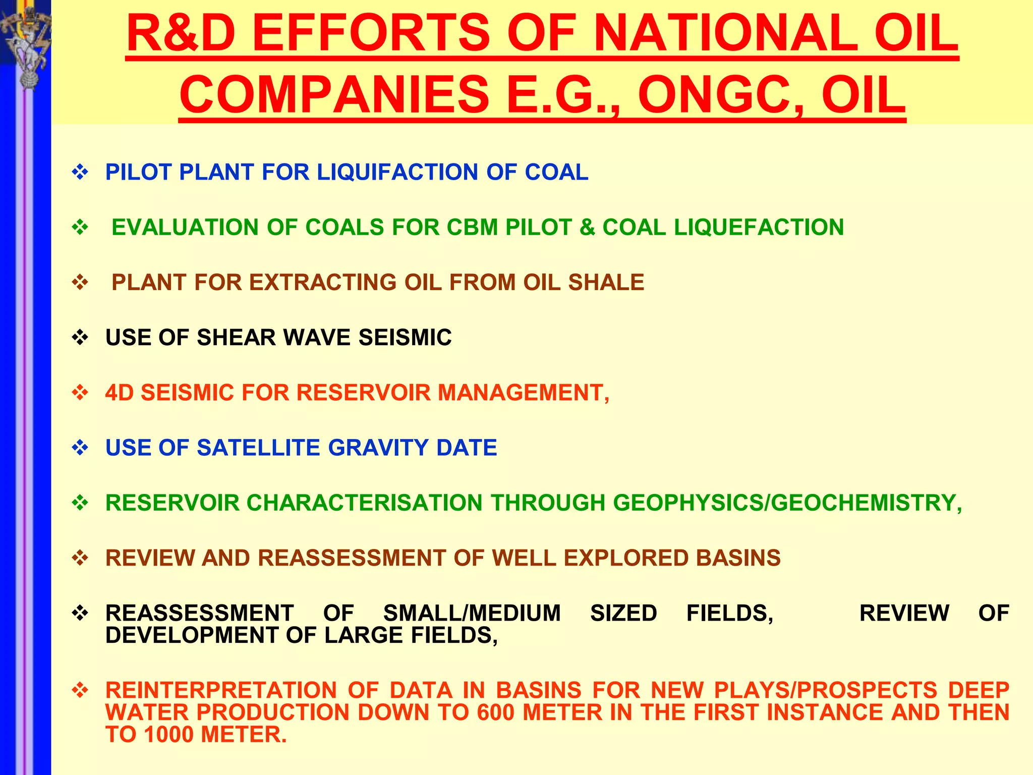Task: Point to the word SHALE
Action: (x=606, y=282)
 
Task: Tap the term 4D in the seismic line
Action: (x=120, y=393)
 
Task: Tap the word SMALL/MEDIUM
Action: (x=472, y=613)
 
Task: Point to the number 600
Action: (x=496, y=712)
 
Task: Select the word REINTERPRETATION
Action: (x=221, y=690)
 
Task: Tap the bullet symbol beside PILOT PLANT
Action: (x=80, y=173)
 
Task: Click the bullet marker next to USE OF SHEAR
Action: (x=80, y=338)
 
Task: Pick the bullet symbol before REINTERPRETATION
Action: (x=80, y=690)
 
